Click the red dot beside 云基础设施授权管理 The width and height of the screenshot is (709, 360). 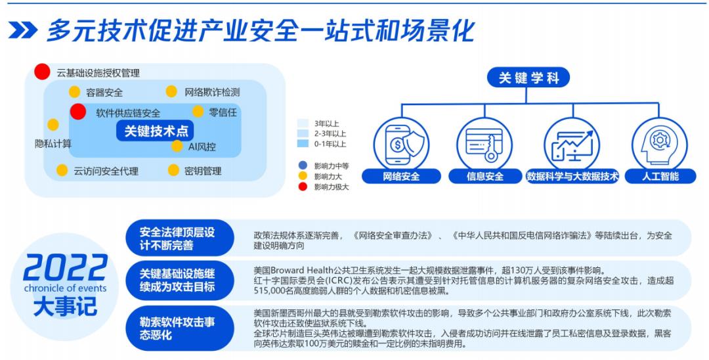[42, 72]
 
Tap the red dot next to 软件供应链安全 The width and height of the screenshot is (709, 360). [77, 112]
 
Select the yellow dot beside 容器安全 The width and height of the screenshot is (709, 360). [74, 92]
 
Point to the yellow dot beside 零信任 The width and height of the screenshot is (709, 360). [198, 111]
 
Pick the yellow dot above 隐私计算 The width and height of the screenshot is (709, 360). [53, 124]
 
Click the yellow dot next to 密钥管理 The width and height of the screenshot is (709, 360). [173, 170]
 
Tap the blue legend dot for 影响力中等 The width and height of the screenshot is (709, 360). [303, 166]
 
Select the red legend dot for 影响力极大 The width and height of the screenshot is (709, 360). [303, 187]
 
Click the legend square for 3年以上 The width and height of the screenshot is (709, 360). [303, 124]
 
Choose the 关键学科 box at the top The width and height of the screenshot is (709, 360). [528, 78]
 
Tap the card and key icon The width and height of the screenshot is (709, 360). [484, 145]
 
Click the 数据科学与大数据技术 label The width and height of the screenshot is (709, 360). [572, 176]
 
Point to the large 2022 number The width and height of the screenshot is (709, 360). [65, 268]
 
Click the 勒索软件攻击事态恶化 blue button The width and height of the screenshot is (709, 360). [179, 328]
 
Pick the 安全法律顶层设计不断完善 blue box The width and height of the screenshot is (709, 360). [179, 238]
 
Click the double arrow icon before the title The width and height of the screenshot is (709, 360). [22, 30]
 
